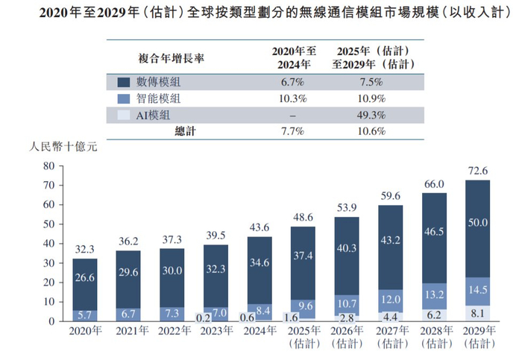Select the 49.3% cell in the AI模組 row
(371, 115)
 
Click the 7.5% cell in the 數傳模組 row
(371, 82)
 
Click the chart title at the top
(261, 13)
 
